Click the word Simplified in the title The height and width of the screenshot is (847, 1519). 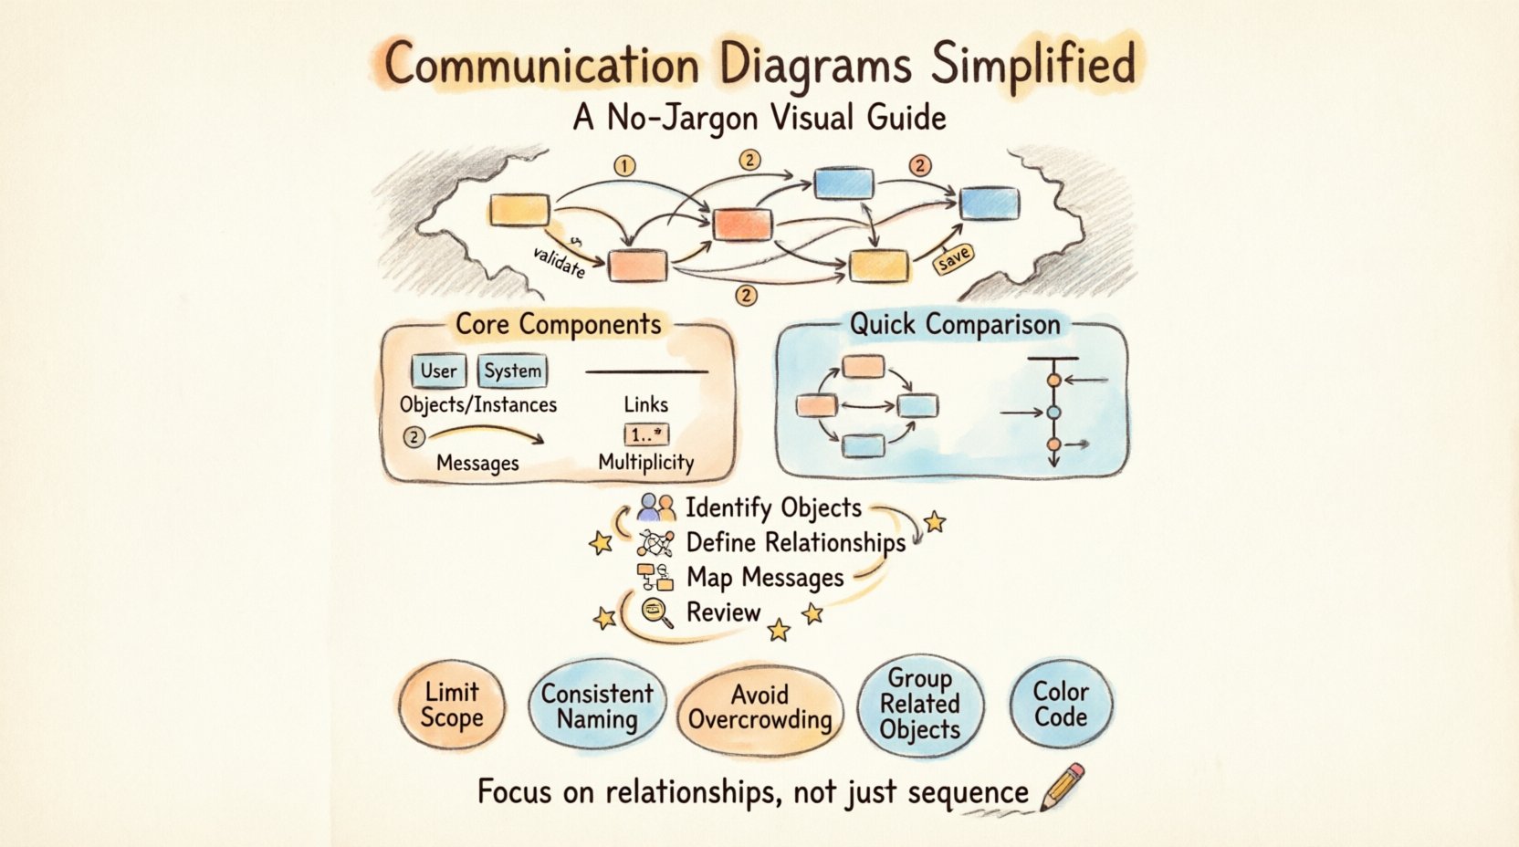click(x=1033, y=64)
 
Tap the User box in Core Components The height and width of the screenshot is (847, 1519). click(x=438, y=371)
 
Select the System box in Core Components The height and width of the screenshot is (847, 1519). click(x=512, y=371)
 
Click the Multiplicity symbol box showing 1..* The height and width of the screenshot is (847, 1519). click(x=646, y=434)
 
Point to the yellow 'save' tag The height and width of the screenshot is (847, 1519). click(x=953, y=259)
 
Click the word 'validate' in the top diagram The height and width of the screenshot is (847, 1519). click(x=559, y=261)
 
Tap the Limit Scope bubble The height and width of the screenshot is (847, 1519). click(x=452, y=705)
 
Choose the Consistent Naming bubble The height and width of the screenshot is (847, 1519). click(x=597, y=706)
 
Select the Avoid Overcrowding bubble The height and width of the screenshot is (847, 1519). click(x=759, y=707)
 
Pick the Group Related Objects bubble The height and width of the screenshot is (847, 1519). click(x=920, y=704)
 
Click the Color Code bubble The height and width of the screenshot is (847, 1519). click(x=1061, y=704)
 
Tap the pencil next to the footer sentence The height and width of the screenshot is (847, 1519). click(x=1063, y=786)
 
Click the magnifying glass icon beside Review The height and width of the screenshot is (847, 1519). click(x=657, y=612)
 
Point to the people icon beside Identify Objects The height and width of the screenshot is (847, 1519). click(x=657, y=507)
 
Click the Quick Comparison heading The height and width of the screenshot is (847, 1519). click(x=955, y=324)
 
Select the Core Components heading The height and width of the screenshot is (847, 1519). click(x=558, y=324)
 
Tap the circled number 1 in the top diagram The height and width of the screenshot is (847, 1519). click(x=624, y=166)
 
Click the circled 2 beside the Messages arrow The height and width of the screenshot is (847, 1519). click(x=414, y=437)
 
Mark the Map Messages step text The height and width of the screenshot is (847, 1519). click(x=765, y=578)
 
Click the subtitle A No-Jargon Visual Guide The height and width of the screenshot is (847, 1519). click(x=759, y=118)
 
